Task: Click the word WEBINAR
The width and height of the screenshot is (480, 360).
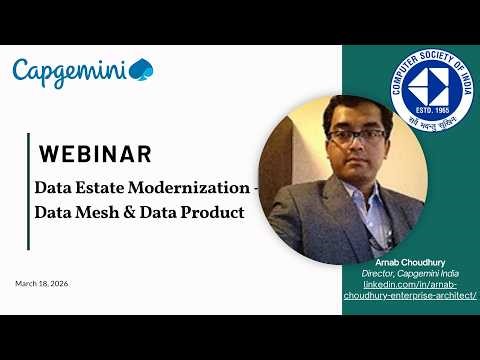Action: (95, 154)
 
